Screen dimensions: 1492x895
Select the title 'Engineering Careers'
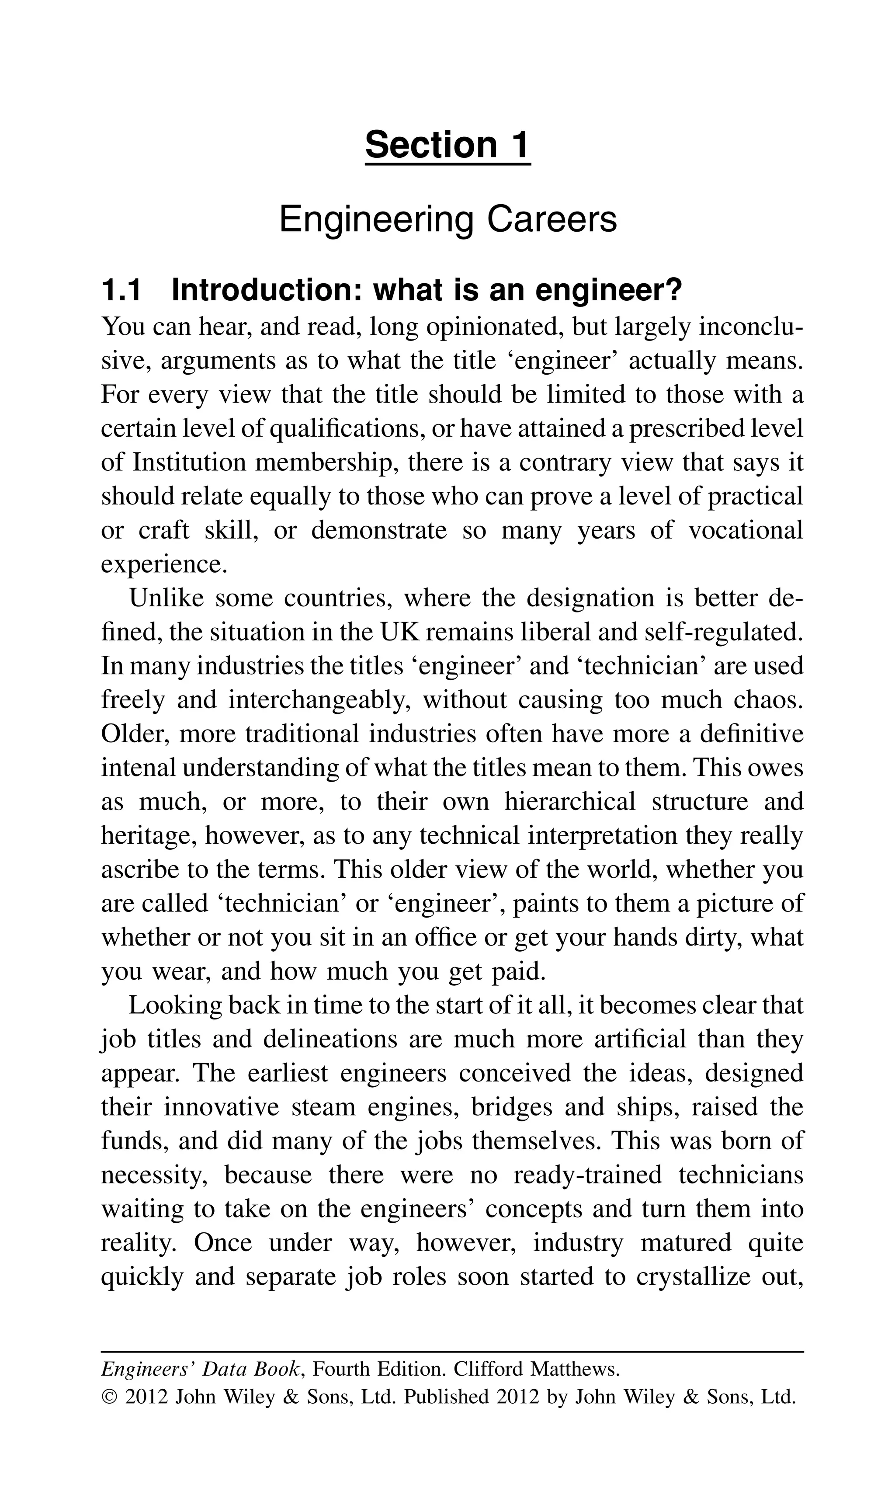[x=447, y=219]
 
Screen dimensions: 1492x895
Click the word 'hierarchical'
[x=570, y=802]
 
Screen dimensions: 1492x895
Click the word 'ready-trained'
[x=587, y=1175]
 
